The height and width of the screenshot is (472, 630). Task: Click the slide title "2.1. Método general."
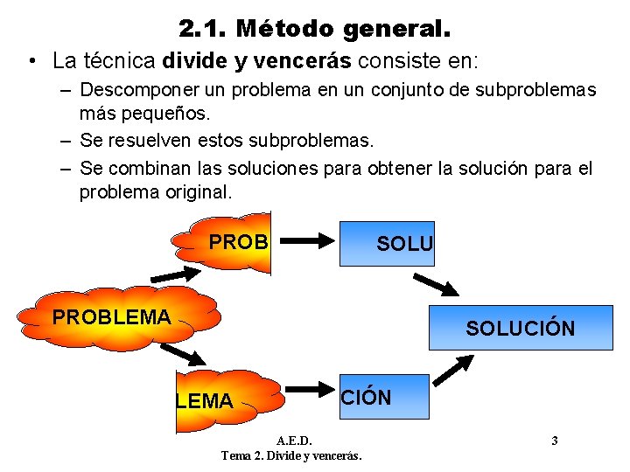(x=315, y=28)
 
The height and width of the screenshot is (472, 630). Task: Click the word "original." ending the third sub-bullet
(x=199, y=191)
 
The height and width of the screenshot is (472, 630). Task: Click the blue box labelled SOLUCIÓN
(x=521, y=328)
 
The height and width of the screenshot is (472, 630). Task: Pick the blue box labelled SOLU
(x=398, y=244)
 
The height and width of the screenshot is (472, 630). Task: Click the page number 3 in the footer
(x=555, y=440)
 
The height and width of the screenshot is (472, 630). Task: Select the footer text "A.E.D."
(x=293, y=440)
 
